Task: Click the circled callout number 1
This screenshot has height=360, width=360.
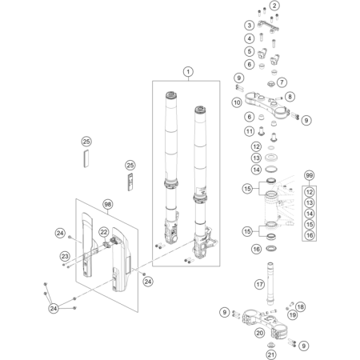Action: click(188, 71)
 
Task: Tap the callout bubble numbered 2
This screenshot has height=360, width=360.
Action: click(274, 6)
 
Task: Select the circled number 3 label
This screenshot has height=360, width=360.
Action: click(250, 26)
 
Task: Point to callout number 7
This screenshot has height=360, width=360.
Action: click(282, 82)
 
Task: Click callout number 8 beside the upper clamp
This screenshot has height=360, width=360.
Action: click(290, 97)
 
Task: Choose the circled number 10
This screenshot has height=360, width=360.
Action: click(237, 102)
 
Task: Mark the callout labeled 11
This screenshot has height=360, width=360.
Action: click(250, 131)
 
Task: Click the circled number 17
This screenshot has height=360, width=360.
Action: click(260, 285)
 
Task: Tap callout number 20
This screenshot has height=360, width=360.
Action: click(260, 333)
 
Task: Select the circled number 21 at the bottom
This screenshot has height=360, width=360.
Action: click(271, 354)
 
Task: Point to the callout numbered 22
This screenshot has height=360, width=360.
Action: click(104, 232)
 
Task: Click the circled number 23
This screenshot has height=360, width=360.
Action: click(65, 256)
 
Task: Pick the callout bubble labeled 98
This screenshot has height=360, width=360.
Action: click(107, 204)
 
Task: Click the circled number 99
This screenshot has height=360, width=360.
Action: click(309, 175)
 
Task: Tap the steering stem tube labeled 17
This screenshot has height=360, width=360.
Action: click(270, 284)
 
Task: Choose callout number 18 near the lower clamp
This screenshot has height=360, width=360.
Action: click(301, 306)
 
